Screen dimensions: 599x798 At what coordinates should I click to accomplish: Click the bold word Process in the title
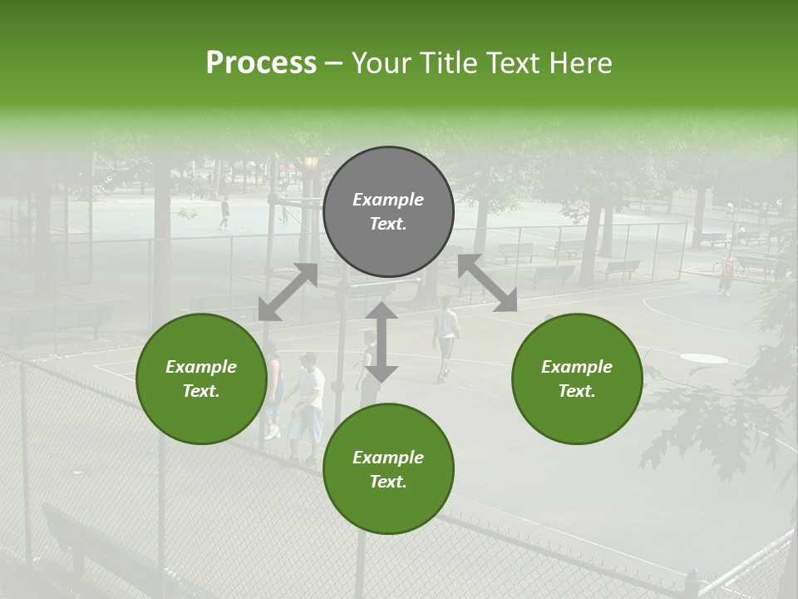[x=261, y=63]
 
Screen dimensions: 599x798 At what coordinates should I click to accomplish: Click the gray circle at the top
[x=388, y=211]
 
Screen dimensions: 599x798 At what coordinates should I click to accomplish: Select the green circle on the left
[x=201, y=379]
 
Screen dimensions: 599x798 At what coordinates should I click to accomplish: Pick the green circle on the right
[x=577, y=379]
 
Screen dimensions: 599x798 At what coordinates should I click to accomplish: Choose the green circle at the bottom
[x=388, y=469]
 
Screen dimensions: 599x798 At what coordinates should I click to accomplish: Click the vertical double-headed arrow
[x=382, y=342]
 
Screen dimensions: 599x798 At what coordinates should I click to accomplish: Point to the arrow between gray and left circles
[x=288, y=291]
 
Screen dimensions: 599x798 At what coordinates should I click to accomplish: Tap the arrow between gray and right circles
[x=488, y=283]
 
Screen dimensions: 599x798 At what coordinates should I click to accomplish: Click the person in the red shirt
[x=727, y=272]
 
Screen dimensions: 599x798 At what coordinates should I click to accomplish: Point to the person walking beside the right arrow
[x=446, y=337]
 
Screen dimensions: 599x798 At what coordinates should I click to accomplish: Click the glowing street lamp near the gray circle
[x=311, y=163]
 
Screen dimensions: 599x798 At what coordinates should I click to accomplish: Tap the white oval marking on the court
[x=703, y=359]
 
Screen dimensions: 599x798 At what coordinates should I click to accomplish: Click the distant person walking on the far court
[x=224, y=213]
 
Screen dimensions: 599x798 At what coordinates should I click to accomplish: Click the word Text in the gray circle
[x=388, y=224]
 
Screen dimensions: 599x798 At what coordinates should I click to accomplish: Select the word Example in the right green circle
[x=577, y=366]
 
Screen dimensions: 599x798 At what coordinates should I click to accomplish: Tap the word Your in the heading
[x=379, y=63]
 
